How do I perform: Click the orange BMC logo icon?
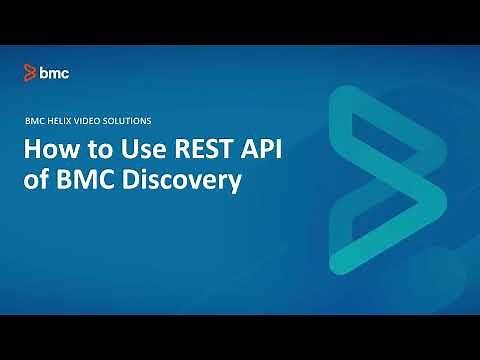(31, 72)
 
